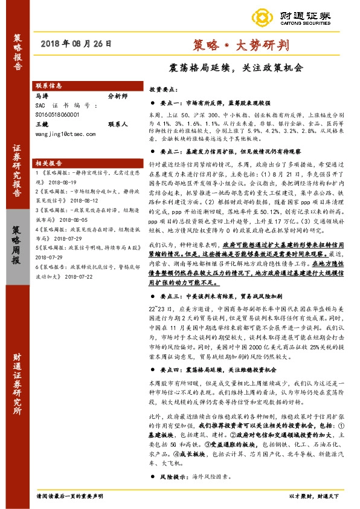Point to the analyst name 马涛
coord(42,96)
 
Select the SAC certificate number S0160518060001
coord(57,113)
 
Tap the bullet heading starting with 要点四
coord(218,369)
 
